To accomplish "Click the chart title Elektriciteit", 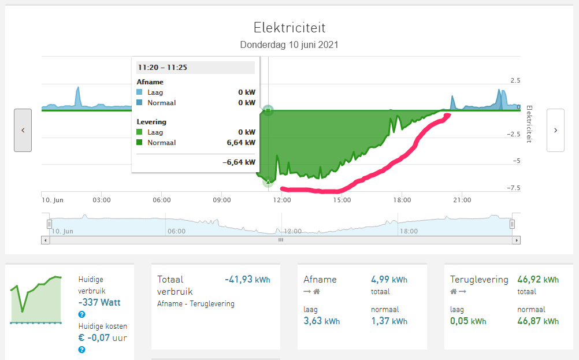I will [x=289, y=28].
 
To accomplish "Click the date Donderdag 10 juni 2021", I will [x=289, y=44].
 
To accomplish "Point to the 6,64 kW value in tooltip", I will [x=243, y=143].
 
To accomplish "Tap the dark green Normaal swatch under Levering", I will [x=140, y=143].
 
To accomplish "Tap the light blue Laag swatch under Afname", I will [x=140, y=92].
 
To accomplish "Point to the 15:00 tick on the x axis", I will [x=342, y=201].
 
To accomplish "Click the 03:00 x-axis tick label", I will [x=102, y=201].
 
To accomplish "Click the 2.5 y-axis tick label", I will [x=515, y=80].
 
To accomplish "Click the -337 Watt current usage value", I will [x=99, y=302].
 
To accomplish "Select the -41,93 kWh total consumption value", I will [x=247, y=280].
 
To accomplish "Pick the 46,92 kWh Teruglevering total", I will [x=538, y=280].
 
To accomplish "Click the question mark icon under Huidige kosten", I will [x=82, y=350].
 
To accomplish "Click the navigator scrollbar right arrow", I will [x=517, y=240].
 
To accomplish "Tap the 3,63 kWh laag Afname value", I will [x=321, y=321].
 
